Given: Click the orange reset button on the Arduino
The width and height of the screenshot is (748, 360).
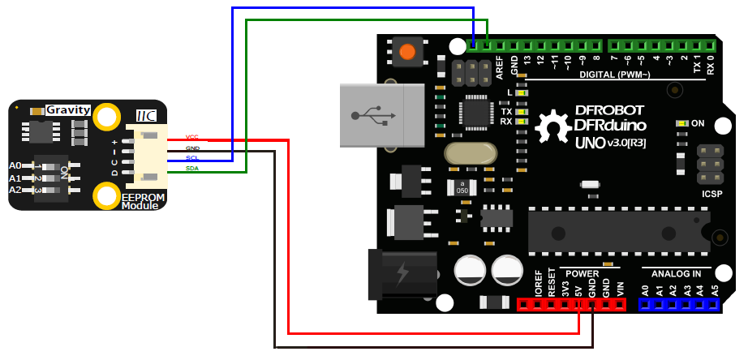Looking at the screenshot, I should point(407,53).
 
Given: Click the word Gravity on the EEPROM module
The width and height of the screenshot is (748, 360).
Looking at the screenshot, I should point(68,109).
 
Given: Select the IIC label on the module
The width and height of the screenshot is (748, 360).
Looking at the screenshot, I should point(146,118).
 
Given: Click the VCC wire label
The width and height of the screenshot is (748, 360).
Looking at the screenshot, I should point(192,137).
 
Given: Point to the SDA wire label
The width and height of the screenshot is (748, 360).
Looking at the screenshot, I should point(192,168).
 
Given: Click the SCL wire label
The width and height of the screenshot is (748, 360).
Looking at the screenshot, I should point(192,158).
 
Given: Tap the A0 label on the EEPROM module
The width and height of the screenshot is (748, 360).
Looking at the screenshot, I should point(15,165).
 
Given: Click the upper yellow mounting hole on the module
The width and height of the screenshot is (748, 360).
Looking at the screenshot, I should point(107,117).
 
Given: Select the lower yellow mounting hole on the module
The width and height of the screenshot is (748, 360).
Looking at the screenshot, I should point(107,195).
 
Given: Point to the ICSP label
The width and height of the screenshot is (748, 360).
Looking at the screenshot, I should point(713,195).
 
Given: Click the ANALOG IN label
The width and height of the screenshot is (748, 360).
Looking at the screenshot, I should point(677,273).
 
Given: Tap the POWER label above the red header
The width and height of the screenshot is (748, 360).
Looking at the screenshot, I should point(582,273).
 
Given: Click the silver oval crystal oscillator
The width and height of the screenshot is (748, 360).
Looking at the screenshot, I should point(470,152).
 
